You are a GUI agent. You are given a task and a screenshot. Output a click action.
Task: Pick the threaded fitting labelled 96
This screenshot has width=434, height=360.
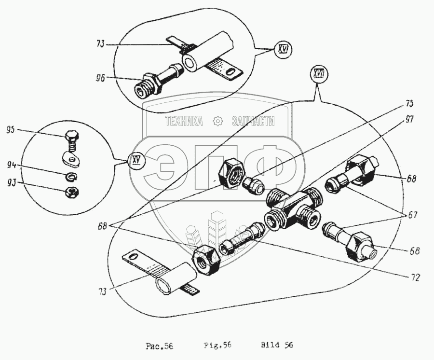154,83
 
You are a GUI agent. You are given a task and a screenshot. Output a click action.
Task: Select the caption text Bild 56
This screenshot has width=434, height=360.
277,346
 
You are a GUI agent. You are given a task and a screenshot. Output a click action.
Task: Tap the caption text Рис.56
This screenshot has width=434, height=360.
159,346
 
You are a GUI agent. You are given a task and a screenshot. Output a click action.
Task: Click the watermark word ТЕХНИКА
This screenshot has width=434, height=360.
184,122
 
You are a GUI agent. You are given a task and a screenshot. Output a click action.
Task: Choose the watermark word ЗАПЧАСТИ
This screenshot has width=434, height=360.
253,122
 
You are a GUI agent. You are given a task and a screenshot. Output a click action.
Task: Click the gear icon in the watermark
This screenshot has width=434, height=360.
218,121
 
